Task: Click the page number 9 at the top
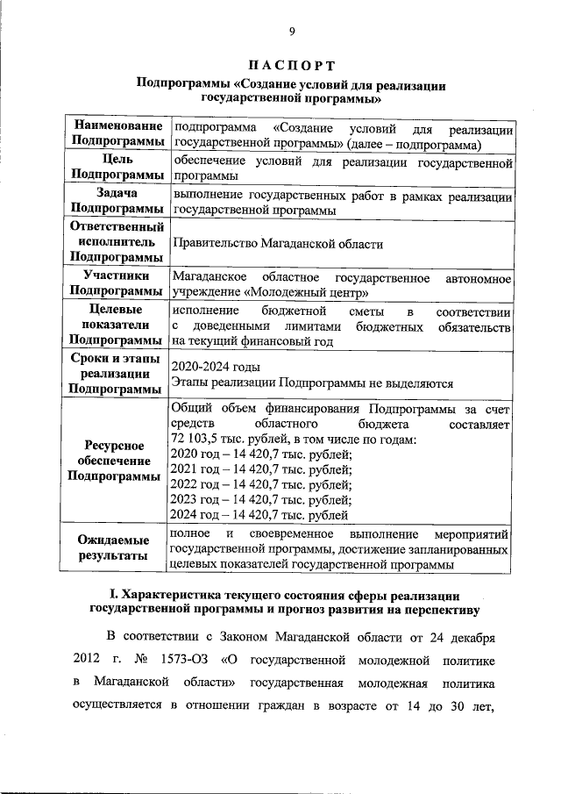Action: click(x=292, y=32)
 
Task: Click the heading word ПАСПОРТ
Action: click(x=292, y=66)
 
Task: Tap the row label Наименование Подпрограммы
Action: click(x=118, y=134)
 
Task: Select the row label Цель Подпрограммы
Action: click(x=118, y=168)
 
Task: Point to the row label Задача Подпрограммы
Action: click(x=118, y=200)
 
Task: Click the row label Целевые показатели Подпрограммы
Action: click(x=118, y=325)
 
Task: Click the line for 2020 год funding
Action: click(x=262, y=454)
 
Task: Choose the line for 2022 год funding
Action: click(x=262, y=484)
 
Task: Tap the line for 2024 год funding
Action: click(x=260, y=515)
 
